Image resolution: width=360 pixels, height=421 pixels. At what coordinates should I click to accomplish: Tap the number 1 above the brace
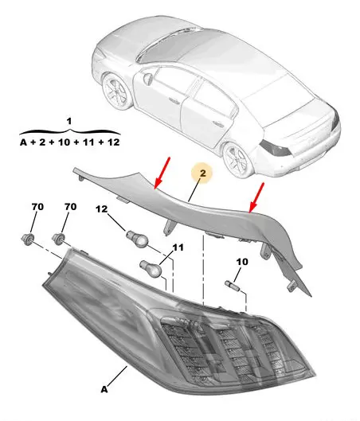pos(69,121)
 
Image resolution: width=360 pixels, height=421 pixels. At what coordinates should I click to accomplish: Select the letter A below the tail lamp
pos(104,389)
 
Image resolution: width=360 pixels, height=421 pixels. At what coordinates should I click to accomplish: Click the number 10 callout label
pos(242,262)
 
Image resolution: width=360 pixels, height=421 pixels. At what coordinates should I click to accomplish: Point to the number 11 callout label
pos(178,248)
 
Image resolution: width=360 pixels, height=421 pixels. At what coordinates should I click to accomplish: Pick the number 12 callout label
pos(102,209)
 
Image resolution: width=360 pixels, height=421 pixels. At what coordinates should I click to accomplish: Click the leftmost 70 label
pos(37,207)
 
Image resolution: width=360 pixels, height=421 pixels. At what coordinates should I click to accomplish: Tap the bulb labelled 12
pos(137,238)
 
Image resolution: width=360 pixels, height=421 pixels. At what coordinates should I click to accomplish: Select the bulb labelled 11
pos(151,268)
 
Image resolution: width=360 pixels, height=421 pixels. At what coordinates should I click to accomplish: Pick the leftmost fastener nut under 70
pos(28,239)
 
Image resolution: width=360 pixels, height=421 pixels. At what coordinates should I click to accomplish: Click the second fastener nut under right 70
pos(58,238)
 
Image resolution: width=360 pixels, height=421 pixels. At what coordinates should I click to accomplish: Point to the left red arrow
pos(162,173)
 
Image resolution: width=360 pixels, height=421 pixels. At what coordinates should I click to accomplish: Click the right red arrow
pos(256,197)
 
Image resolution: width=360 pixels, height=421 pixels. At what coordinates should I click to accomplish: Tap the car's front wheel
pos(116,92)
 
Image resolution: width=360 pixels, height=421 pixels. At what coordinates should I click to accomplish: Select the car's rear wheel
pos(237,159)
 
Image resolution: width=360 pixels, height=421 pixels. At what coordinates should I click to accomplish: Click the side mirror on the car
pos(148,78)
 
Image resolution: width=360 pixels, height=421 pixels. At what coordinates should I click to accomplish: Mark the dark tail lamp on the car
pos(276,149)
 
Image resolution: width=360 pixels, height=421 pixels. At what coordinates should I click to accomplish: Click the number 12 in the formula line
pos(113,142)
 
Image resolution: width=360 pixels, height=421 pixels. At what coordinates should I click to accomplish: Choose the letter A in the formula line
pos(24,142)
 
